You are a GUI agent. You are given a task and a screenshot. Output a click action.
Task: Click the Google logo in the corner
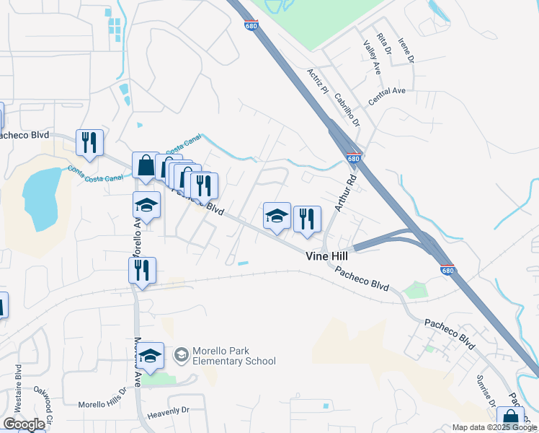24,424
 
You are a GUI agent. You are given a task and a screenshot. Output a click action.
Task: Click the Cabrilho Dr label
347,112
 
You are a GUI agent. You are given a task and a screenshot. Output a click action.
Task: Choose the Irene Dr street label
406,51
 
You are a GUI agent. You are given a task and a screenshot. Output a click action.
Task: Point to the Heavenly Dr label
168,410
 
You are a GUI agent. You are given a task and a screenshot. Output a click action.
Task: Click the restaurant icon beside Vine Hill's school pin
307,219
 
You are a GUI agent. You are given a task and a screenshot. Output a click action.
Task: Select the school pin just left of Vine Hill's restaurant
277,215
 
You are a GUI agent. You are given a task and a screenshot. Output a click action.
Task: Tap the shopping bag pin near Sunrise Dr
510,419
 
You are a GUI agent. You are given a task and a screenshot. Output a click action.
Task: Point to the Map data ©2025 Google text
494,427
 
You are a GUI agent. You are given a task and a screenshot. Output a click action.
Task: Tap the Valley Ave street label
372,58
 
